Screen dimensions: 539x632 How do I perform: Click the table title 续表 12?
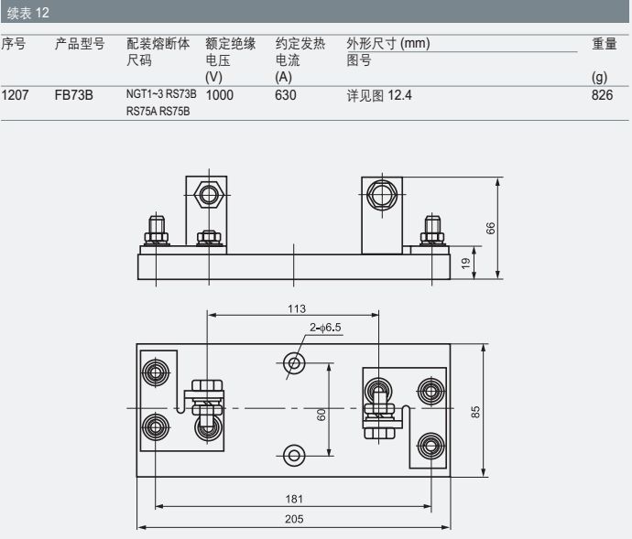tap(28, 12)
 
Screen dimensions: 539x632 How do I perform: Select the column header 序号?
tap(13, 44)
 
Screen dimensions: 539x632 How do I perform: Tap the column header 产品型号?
tap(79, 44)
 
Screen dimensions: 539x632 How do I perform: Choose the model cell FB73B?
tap(73, 94)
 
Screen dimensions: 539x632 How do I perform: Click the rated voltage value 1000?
tap(221, 94)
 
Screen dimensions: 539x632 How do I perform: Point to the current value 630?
tap(286, 94)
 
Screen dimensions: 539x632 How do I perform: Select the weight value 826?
tap(603, 94)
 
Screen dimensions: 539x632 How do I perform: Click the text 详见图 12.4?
tap(379, 94)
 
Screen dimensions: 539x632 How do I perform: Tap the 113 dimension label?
tap(296, 308)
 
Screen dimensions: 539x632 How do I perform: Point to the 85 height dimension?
tap(475, 410)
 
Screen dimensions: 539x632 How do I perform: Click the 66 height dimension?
tap(491, 228)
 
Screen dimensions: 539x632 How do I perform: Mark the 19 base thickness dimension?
tap(465, 263)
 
